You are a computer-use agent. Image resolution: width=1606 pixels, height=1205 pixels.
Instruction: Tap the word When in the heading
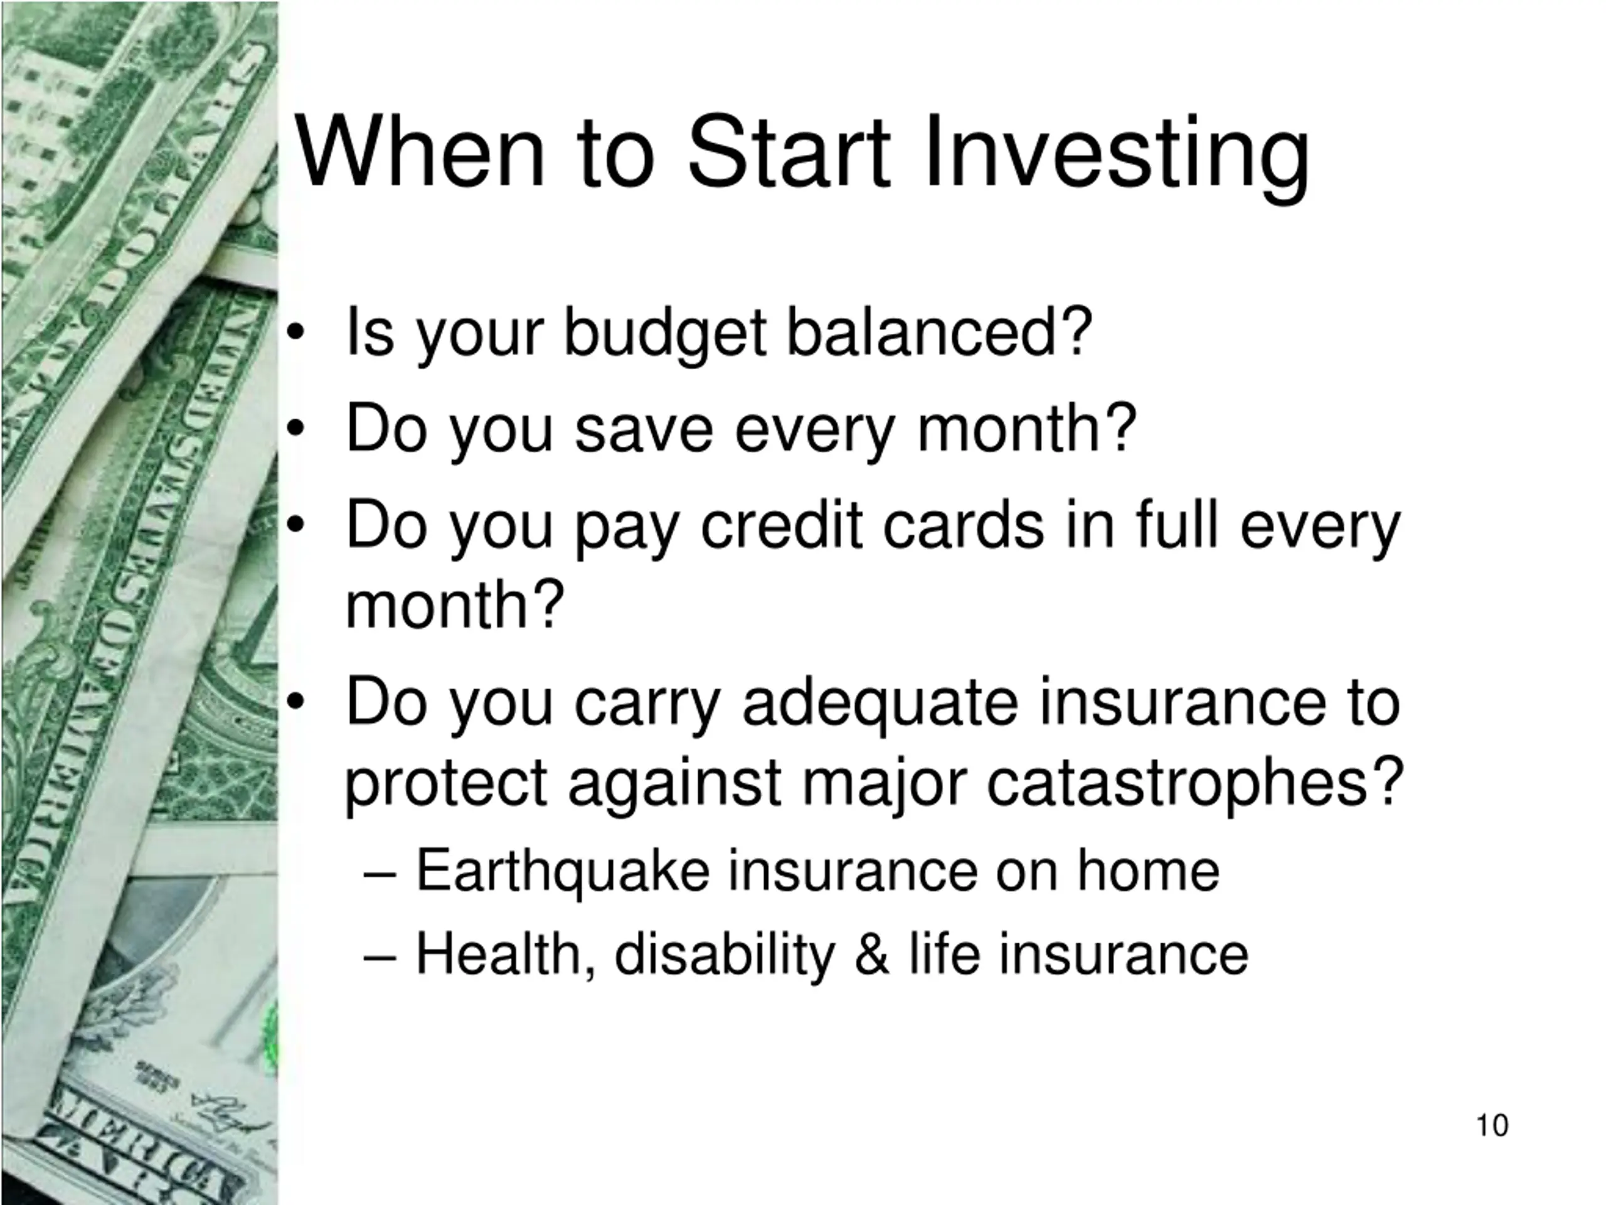420,153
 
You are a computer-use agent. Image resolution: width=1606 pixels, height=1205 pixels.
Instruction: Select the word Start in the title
789,153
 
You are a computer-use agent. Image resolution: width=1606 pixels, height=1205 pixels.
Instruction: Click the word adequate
881,705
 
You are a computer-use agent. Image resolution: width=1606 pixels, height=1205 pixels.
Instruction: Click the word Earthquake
563,872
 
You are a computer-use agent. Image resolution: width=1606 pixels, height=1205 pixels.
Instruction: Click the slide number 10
1492,1126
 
